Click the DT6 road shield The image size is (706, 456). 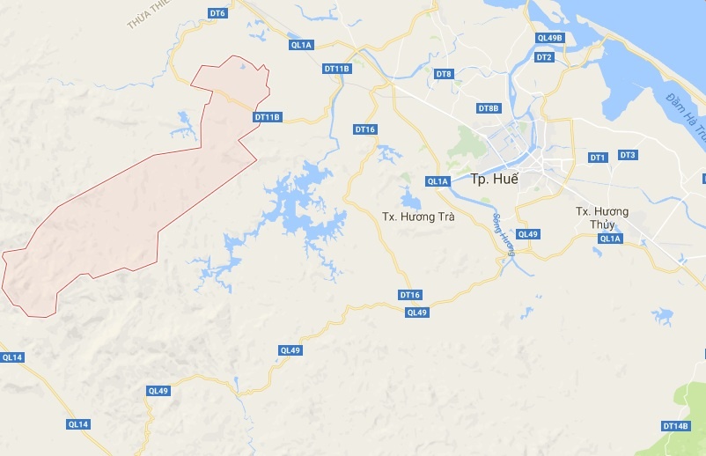(x=217, y=13)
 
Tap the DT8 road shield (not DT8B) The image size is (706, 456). (x=444, y=74)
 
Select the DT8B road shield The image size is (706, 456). (x=489, y=108)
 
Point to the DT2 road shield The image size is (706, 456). (x=544, y=57)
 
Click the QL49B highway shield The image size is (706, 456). (x=549, y=38)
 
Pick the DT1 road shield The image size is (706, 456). (x=598, y=157)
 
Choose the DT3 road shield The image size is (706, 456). (x=628, y=155)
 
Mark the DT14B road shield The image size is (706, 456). (x=674, y=426)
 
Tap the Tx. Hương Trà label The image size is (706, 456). (x=418, y=216)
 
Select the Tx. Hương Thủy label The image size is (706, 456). (x=602, y=217)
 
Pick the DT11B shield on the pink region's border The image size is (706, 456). (x=267, y=117)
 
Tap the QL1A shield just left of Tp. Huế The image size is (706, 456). (x=438, y=181)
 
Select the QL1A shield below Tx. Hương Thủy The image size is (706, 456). (x=610, y=239)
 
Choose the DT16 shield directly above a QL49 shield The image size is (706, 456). (x=410, y=295)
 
